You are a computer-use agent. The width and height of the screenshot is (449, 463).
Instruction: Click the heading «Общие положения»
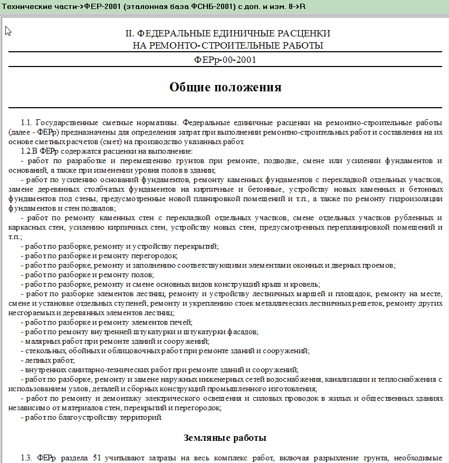click(x=225, y=87)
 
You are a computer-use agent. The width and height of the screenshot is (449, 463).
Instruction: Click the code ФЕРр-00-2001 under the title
click(x=225, y=60)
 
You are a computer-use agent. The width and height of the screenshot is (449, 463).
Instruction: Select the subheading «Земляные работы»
click(x=225, y=438)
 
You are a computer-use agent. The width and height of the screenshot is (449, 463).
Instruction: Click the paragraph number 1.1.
click(x=27, y=122)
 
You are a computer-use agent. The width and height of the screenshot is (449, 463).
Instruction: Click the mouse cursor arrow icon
click(x=8, y=31)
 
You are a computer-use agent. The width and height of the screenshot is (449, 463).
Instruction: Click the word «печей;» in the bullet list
click(x=181, y=322)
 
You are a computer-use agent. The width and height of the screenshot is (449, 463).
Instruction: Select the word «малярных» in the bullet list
click(x=41, y=341)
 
